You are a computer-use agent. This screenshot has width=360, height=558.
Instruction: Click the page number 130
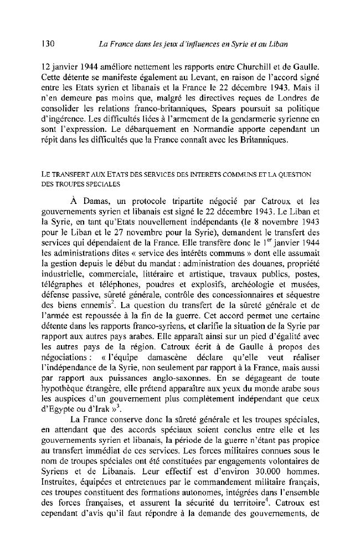(x=47, y=42)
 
